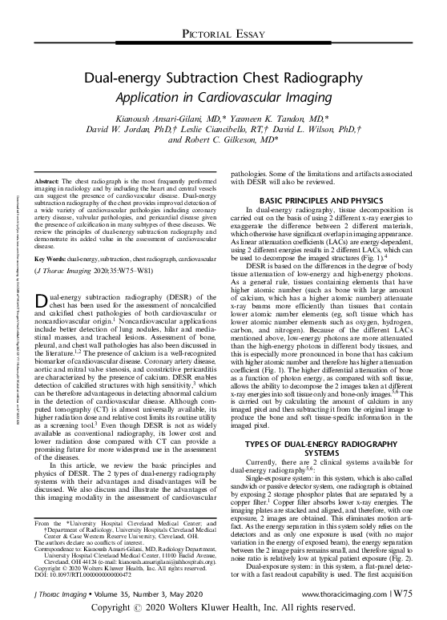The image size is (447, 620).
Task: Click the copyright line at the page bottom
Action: point(223,610)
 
